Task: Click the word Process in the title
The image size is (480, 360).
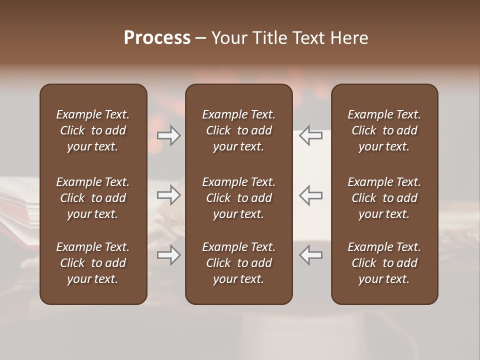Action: pyautogui.click(x=157, y=38)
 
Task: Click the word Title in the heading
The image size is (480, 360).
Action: pyautogui.click(x=269, y=38)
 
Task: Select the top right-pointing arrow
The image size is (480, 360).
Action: pyautogui.click(x=168, y=135)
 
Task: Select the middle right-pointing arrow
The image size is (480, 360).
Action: pyautogui.click(x=168, y=195)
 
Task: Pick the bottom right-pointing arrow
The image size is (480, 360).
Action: pyautogui.click(x=168, y=255)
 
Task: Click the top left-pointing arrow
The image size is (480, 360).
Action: pyautogui.click(x=311, y=135)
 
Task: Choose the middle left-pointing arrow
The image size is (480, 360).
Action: pyautogui.click(x=311, y=195)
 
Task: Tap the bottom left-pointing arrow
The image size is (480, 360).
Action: pyautogui.click(x=311, y=255)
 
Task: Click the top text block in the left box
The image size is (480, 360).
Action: pyautogui.click(x=93, y=130)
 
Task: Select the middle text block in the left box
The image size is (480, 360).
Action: pyautogui.click(x=93, y=198)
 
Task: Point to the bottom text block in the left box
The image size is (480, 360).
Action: pyautogui.click(x=93, y=263)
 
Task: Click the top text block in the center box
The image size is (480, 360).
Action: pyautogui.click(x=238, y=130)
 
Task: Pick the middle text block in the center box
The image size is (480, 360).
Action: pyautogui.click(x=238, y=198)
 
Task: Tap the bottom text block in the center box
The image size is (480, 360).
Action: pyautogui.click(x=238, y=263)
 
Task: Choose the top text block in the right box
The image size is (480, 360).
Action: pyautogui.click(x=384, y=130)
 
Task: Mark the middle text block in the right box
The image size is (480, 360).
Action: pyautogui.click(x=384, y=198)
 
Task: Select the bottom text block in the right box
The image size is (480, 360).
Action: pyautogui.click(x=384, y=263)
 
